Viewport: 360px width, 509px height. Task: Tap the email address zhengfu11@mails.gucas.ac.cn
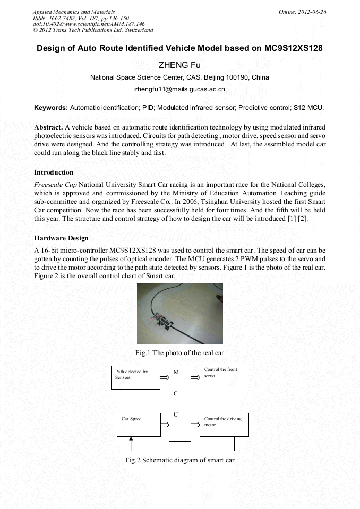click(x=179, y=89)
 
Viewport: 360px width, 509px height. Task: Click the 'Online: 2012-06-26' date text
click(x=302, y=12)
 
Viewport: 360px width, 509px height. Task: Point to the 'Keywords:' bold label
click(x=50, y=107)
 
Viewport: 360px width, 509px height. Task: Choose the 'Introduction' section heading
click(x=54, y=172)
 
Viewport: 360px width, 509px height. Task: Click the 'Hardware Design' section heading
click(x=61, y=238)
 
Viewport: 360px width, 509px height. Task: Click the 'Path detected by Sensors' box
click(x=135, y=377)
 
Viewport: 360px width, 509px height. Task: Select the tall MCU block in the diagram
click(x=179, y=403)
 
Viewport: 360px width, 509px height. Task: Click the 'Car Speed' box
click(x=138, y=425)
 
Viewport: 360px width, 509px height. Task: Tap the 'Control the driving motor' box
click(x=224, y=425)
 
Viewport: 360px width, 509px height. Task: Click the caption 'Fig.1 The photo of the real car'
click(x=179, y=352)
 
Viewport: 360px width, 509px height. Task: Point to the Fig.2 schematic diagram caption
click(x=179, y=460)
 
